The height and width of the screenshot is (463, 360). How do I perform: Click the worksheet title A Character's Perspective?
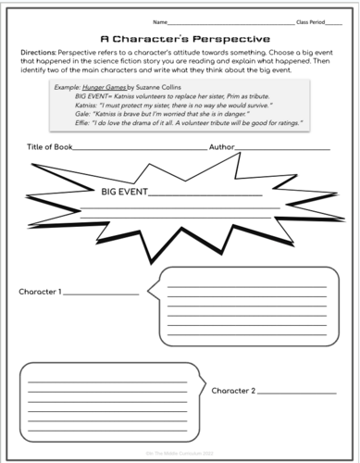point(180,39)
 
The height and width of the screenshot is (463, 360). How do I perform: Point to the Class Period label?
point(313,19)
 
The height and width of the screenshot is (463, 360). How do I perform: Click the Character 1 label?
point(41,293)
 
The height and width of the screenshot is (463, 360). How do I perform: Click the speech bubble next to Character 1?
point(247,304)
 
